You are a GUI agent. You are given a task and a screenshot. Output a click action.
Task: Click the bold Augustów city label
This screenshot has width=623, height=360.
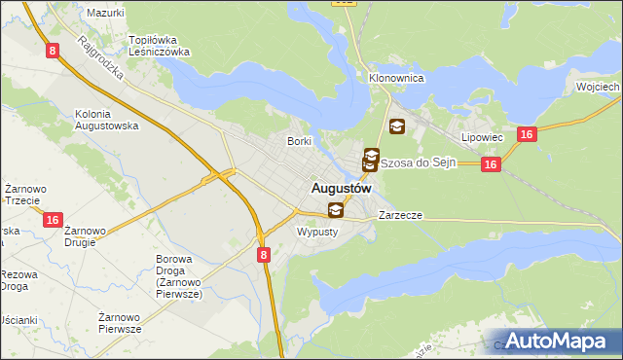[x=341, y=189]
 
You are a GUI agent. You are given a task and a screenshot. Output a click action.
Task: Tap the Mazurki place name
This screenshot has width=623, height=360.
[x=105, y=14]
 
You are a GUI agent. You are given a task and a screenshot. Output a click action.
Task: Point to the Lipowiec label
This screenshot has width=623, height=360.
[x=482, y=138]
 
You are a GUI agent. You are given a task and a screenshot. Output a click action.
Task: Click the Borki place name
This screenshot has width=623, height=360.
[x=298, y=141]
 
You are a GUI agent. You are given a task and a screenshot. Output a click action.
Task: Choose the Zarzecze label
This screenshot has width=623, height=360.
[x=400, y=214]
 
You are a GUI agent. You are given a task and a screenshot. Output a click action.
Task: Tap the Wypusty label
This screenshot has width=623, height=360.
[x=316, y=232]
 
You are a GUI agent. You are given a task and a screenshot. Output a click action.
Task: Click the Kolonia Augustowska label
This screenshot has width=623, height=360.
[x=107, y=120]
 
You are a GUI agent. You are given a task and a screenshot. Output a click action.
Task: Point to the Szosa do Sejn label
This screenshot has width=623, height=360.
[x=418, y=162]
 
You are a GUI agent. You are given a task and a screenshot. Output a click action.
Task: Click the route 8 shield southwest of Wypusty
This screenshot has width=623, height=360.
[x=264, y=254]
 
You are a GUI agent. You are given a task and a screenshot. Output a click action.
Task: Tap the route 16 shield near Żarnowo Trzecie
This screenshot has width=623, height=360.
[x=53, y=221]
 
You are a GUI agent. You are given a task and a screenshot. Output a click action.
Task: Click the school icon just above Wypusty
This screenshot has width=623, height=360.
[x=336, y=210]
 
